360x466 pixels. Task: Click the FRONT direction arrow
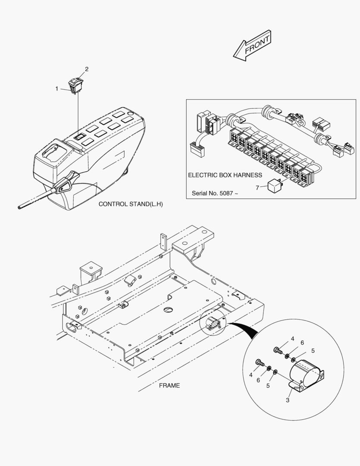[252, 44]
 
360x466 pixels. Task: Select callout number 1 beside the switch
[56, 88]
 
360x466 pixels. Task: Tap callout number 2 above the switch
[87, 69]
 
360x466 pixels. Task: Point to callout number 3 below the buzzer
[288, 400]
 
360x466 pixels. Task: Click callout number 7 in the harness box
[257, 188]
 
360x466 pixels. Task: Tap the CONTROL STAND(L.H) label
[131, 204]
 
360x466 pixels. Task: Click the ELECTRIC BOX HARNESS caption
[225, 175]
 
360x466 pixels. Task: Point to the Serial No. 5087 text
[215, 193]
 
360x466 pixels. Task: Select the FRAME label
[169, 385]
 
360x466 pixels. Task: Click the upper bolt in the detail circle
[278, 350]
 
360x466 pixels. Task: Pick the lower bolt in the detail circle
[259, 363]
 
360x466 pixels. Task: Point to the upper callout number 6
[302, 343]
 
